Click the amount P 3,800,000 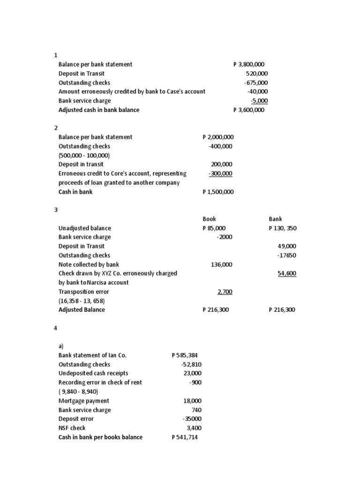pos(250,64)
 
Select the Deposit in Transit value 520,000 pos(257,74)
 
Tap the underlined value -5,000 pos(259,101)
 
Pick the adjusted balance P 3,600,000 pos(249,110)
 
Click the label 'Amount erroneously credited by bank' pos(132,91)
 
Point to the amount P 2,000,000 pos(218,137)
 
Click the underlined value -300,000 pos(220,173)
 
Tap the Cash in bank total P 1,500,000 pos(218,192)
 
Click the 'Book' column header pos(209,219)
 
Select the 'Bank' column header pos(276,219)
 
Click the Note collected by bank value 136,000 pos(222,264)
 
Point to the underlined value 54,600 pos(287,273)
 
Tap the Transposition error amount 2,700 pos(225,292)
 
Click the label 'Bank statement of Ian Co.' pos(92,355)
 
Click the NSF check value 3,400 pos(194,428)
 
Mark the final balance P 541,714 pos(185,437)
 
